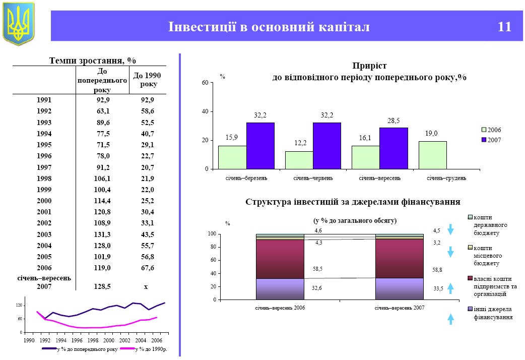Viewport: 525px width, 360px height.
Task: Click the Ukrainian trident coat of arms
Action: point(19,23)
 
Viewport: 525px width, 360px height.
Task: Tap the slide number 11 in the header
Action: point(504,27)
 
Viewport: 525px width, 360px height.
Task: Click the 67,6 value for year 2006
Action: point(148,267)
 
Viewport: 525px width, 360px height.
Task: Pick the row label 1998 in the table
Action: point(44,178)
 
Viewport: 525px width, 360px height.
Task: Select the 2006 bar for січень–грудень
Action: point(432,155)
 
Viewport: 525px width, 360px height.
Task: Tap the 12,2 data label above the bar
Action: point(301,143)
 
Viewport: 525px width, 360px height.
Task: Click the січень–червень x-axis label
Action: point(313,178)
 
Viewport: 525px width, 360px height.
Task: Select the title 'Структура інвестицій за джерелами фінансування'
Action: point(353,202)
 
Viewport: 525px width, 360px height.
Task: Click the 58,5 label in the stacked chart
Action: point(317,269)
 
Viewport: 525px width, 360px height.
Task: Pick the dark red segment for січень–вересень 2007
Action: point(399,258)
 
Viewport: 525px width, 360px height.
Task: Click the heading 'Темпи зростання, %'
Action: point(93,61)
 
